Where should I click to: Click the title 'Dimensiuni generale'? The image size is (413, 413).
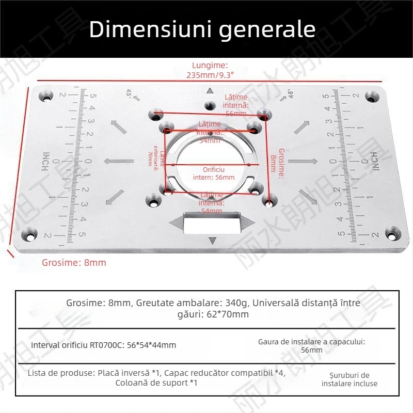point(202,30)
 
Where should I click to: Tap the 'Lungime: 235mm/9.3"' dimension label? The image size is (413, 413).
point(210,70)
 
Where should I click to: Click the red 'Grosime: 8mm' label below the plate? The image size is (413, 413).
point(74,262)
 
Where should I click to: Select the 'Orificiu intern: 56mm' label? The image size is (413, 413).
point(214,173)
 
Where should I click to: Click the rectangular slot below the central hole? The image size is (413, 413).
point(212,223)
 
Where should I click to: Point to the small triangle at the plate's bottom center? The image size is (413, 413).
point(212,241)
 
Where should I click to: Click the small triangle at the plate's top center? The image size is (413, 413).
point(210,91)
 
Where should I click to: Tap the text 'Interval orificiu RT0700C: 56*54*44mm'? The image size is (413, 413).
point(104,345)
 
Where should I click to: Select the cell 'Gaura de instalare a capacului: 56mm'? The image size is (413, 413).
point(311,345)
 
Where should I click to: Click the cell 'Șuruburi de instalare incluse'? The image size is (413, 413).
point(349,379)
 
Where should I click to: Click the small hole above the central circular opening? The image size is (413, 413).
point(209,106)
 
